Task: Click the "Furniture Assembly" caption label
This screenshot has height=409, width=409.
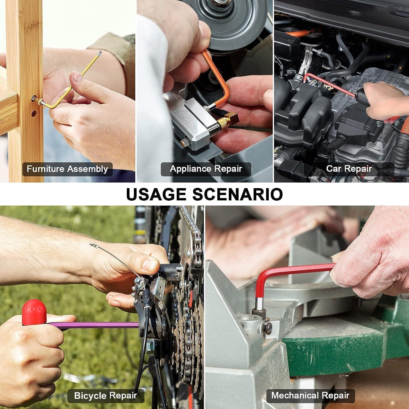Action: tap(67, 169)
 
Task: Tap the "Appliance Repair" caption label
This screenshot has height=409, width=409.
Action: tap(206, 169)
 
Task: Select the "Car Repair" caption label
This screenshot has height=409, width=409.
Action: tap(349, 169)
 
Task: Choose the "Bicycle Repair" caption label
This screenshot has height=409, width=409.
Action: tap(106, 396)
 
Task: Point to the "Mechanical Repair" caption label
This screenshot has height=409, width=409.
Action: tap(310, 395)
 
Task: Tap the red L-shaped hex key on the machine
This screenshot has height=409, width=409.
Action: tap(286, 273)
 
